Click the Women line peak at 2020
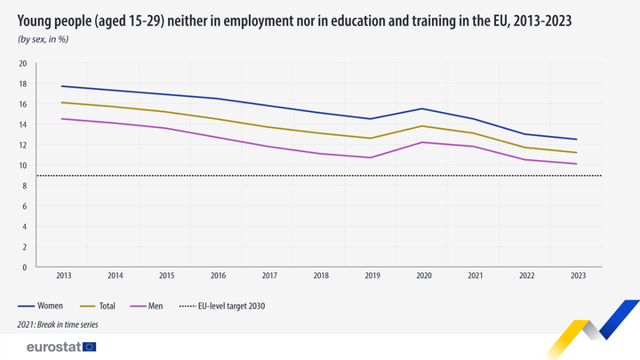pyautogui.click(x=423, y=109)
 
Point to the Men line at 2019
pyautogui.click(x=372, y=157)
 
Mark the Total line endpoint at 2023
pyautogui.click(x=577, y=153)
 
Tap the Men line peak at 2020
pyautogui.click(x=423, y=142)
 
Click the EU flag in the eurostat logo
pyautogui.click(x=90, y=347)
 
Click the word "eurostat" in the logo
pyautogui.click(x=52, y=347)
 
